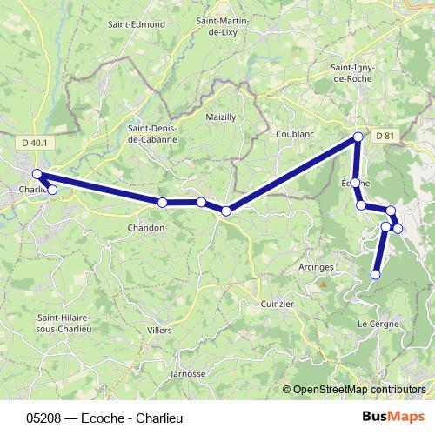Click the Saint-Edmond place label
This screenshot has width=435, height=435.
click(136, 24)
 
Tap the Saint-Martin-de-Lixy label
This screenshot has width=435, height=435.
click(224, 26)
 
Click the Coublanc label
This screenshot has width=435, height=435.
click(294, 135)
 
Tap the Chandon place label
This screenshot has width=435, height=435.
click(145, 227)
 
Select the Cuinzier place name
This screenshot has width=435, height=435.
click(278, 304)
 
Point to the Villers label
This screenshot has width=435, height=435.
click(159, 331)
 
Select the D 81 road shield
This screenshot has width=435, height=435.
click(385, 136)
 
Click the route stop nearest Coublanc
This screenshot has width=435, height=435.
click(358, 137)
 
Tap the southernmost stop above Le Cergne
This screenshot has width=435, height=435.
click(376, 274)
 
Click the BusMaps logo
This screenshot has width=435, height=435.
click(399, 418)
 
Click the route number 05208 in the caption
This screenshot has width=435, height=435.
click(43, 418)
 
